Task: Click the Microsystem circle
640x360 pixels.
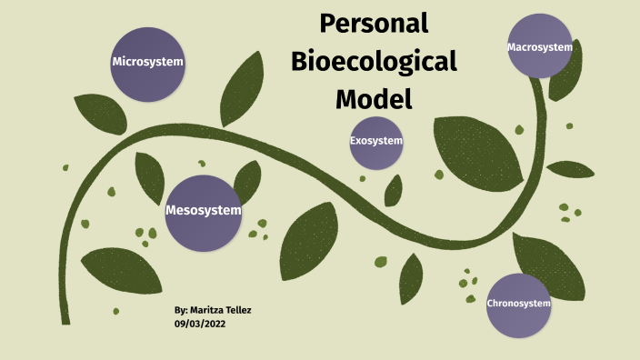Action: [x=147, y=63]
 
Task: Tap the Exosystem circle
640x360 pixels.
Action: [x=375, y=142]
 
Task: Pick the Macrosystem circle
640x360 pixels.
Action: [x=540, y=45]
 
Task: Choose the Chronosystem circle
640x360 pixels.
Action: [x=519, y=305]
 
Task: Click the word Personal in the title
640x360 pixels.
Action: [x=374, y=25]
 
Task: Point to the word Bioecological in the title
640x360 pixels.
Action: [x=374, y=61]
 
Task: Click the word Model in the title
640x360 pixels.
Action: [x=374, y=97]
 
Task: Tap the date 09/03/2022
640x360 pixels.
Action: [x=199, y=324]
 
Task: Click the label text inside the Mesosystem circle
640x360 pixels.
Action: [x=204, y=211]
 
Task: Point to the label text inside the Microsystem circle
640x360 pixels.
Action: [x=147, y=62]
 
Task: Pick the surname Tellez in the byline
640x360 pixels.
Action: [x=238, y=310]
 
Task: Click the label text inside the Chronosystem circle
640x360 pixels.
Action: [x=519, y=304]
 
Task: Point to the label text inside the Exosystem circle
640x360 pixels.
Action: [x=375, y=141]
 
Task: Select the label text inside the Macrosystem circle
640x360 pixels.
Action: [x=540, y=46]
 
